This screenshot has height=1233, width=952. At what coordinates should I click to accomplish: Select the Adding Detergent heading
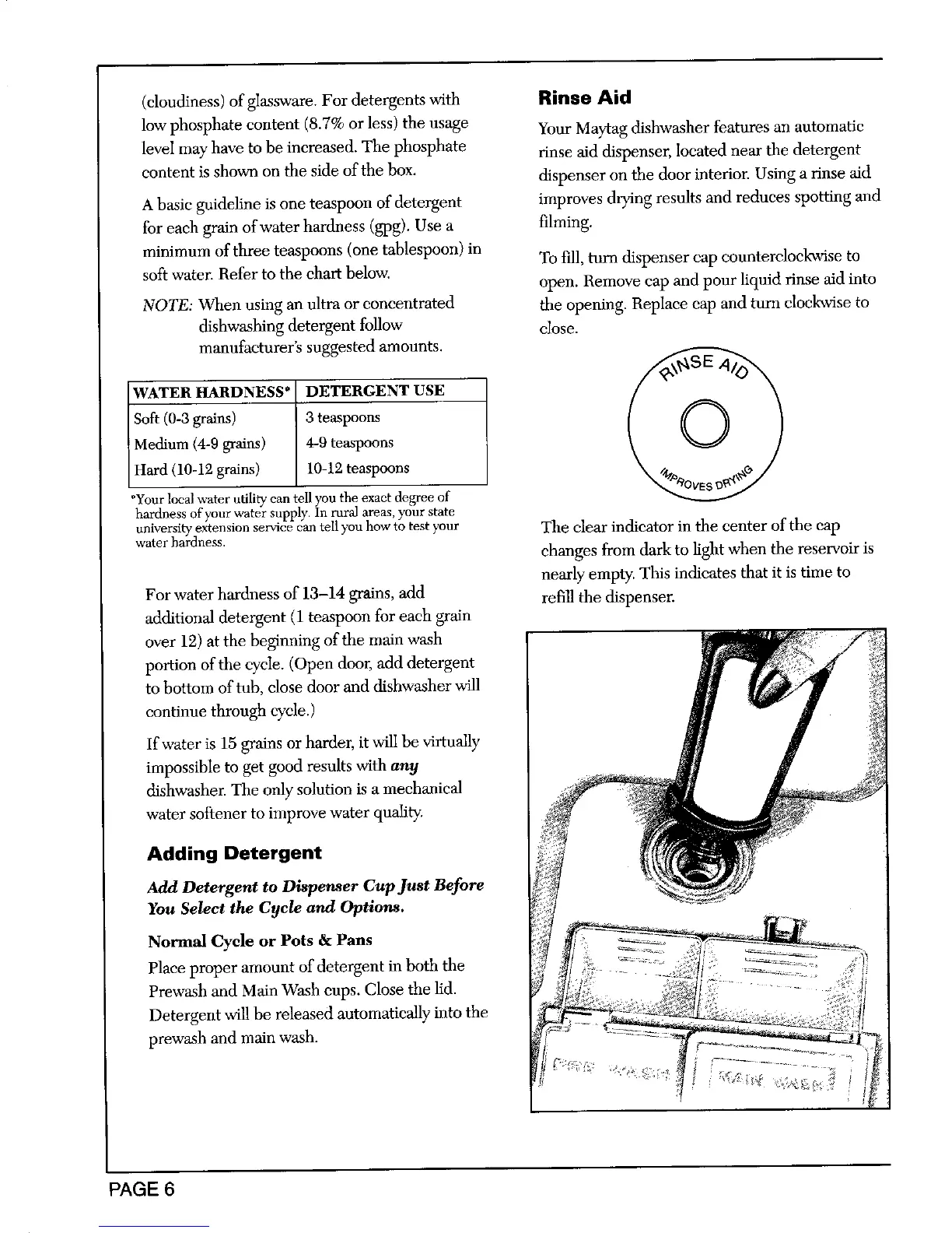[x=233, y=853]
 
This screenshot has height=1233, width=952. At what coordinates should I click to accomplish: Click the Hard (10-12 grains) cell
[x=197, y=469]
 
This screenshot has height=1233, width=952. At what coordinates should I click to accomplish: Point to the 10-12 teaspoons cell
[x=357, y=469]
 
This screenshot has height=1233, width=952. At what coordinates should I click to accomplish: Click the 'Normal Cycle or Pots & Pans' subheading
[x=260, y=940]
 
